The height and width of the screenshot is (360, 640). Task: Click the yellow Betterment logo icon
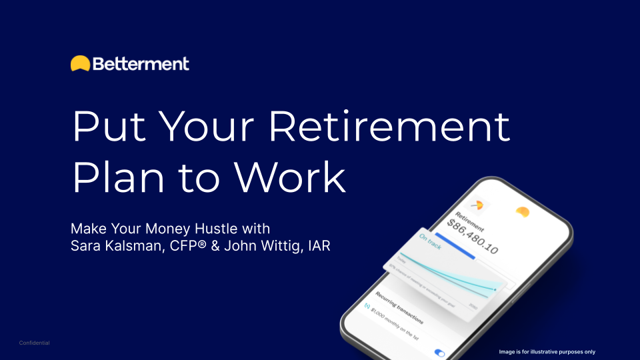(80, 63)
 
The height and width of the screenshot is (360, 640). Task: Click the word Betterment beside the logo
(141, 64)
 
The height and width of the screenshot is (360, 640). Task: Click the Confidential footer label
(35, 343)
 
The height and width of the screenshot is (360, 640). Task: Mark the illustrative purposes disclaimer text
(547, 351)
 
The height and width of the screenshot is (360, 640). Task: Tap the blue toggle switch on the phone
(439, 353)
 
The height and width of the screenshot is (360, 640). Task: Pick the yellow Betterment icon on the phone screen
(523, 211)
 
